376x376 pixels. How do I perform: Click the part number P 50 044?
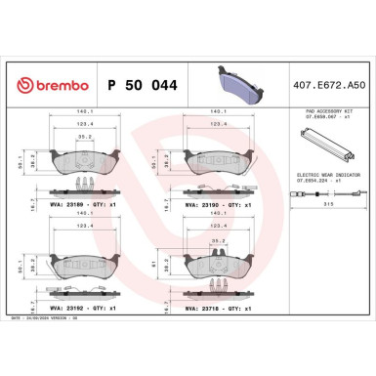(x=157, y=87)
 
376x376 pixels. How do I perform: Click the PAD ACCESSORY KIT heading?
(x=321, y=115)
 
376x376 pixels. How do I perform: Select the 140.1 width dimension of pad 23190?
(x=217, y=112)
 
